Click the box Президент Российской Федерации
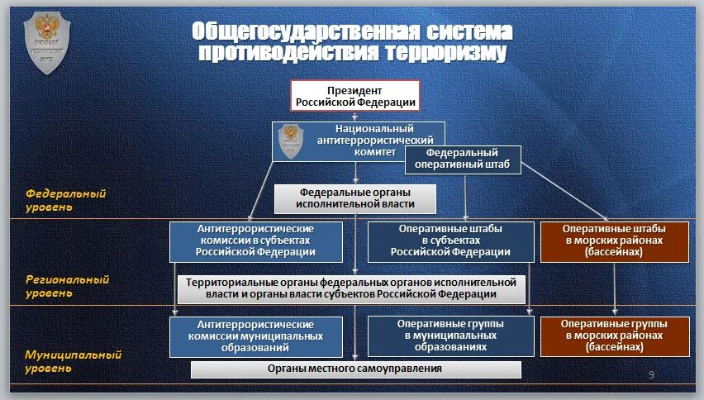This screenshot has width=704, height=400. coord(355,96)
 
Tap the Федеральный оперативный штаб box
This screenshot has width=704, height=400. coord(462,159)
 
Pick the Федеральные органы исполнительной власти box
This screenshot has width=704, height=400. coord(355,198)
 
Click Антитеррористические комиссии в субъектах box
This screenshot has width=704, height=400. coord(256,241)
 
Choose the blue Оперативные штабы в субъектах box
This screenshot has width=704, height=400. coord(450,241)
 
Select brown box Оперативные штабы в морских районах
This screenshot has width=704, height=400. coord(614,241)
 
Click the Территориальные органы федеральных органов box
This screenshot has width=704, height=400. coord(351,288)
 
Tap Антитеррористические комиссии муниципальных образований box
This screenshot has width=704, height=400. coord(256,336)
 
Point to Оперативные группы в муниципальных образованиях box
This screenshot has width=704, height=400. coord(450,336)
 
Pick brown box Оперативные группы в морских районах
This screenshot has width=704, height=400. coord(614,336)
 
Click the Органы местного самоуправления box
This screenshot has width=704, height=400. coord(355,369)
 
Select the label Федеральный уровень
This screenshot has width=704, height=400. coord(66,200)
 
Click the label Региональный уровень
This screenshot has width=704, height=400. coord(68,286)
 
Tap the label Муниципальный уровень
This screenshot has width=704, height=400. coord(73,360)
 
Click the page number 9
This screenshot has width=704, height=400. coord(651,376)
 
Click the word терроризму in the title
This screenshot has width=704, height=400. coord(444,54)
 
